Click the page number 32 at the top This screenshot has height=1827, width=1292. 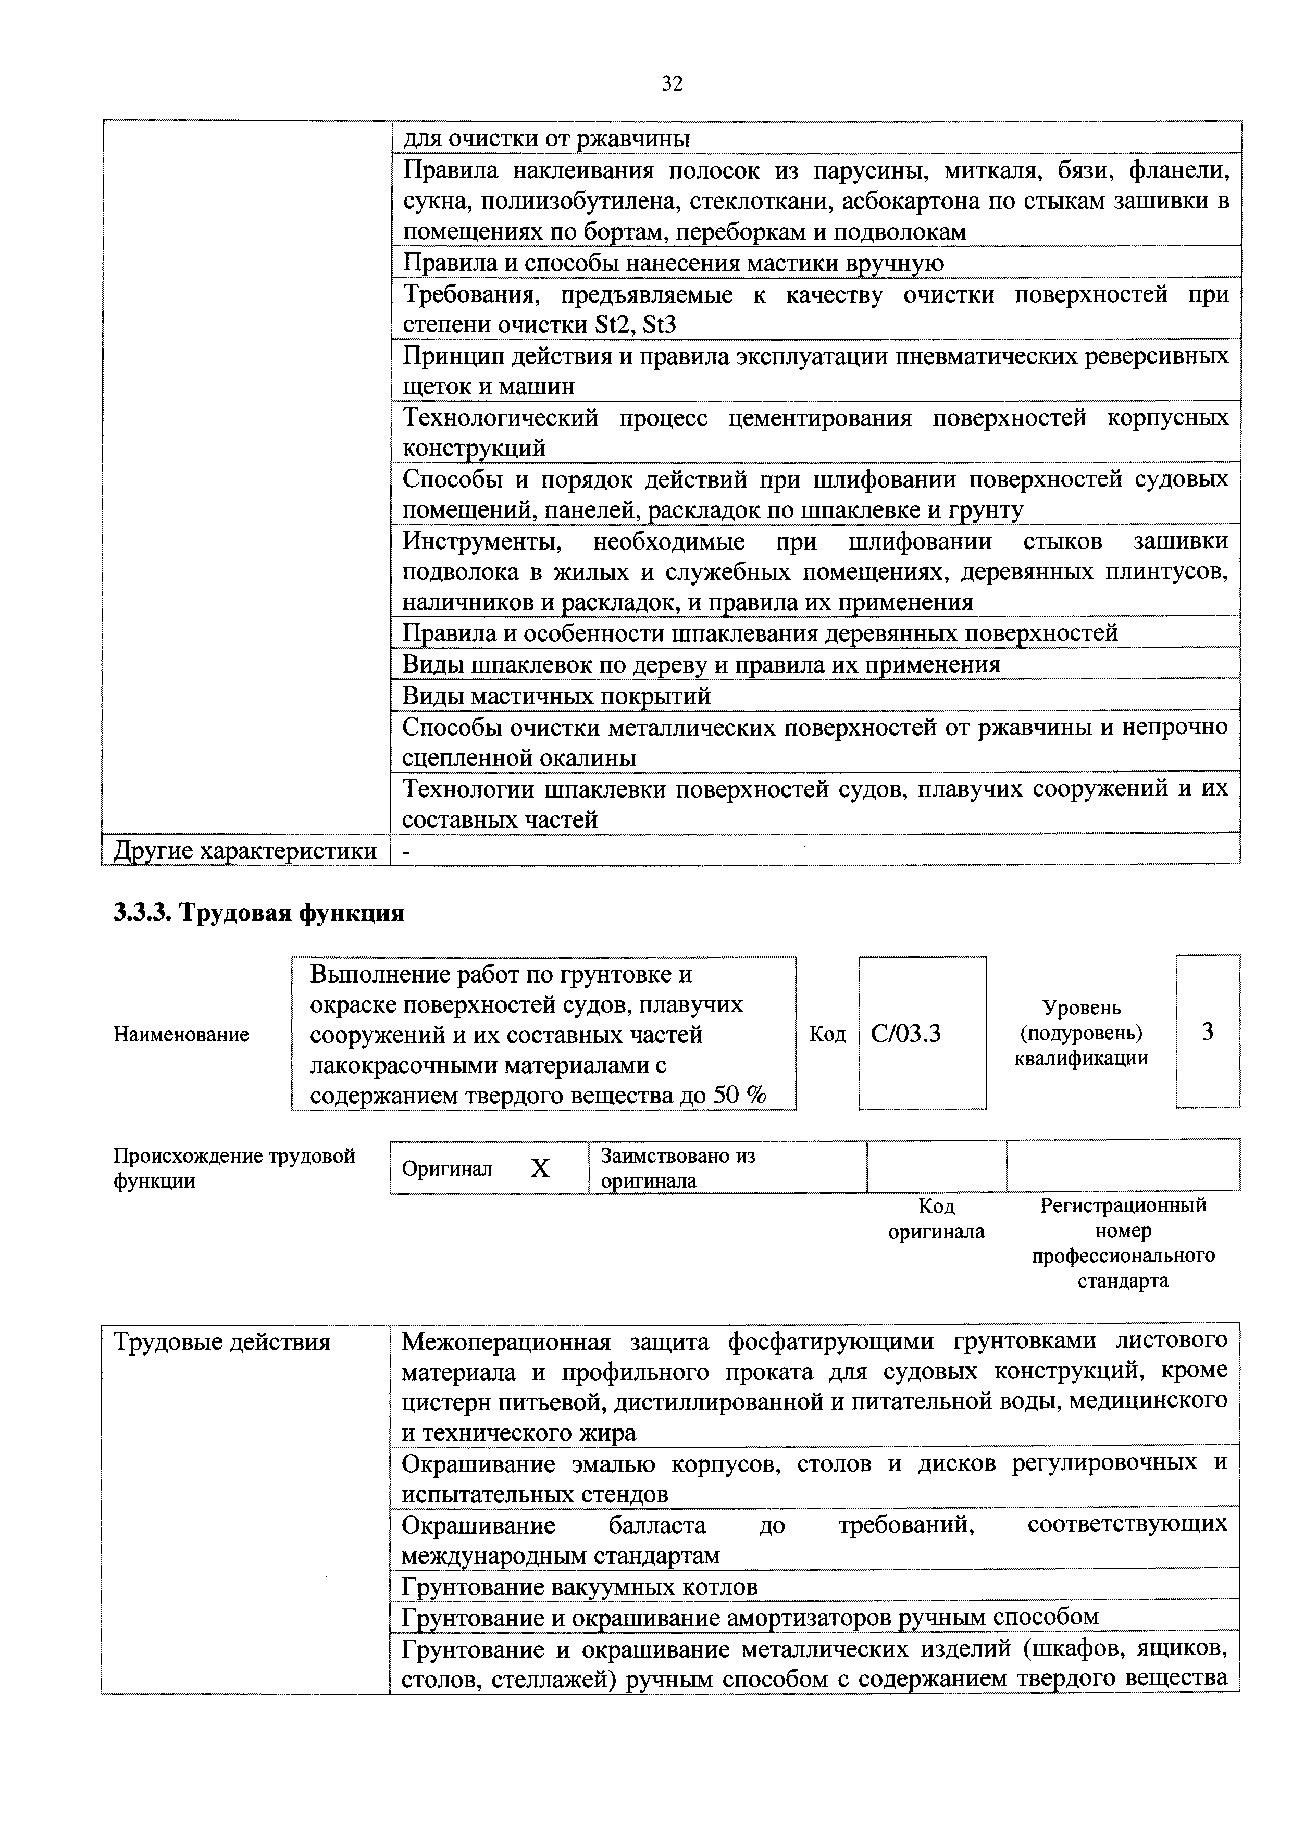tap(672, 83)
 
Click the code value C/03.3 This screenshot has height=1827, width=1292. tap(905, 1034)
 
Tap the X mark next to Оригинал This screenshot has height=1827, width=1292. tap(540, 1168)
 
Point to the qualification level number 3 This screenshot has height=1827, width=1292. tap(1208, 1032)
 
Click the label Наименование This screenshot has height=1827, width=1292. tap(181, 1035)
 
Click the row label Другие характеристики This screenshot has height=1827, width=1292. tap(245, 851)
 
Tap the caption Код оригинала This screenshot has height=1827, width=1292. tap(936, 1219)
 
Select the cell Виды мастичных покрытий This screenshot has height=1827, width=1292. tap(557, 697)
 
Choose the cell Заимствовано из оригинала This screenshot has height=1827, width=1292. tap(678, 1167)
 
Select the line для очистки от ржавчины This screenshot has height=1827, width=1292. tap(546, 139)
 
